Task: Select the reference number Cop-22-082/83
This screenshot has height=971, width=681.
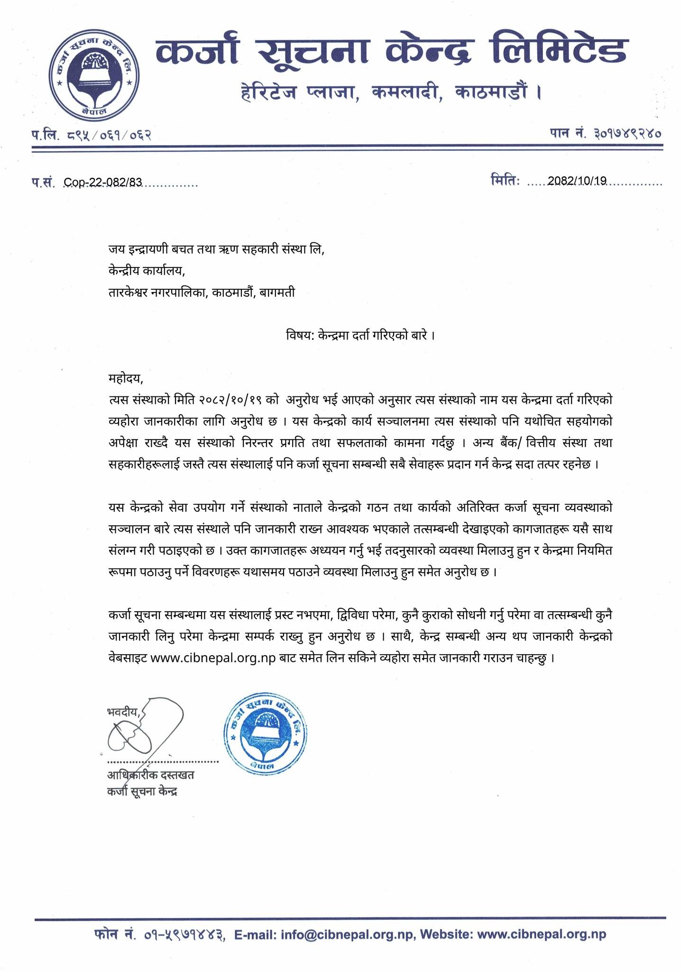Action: coord(103,183)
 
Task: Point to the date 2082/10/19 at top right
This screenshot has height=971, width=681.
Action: coord(577,181)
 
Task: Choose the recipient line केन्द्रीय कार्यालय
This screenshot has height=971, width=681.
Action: coord(146,271)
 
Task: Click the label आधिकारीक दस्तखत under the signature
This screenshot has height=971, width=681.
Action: coord(150,776)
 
